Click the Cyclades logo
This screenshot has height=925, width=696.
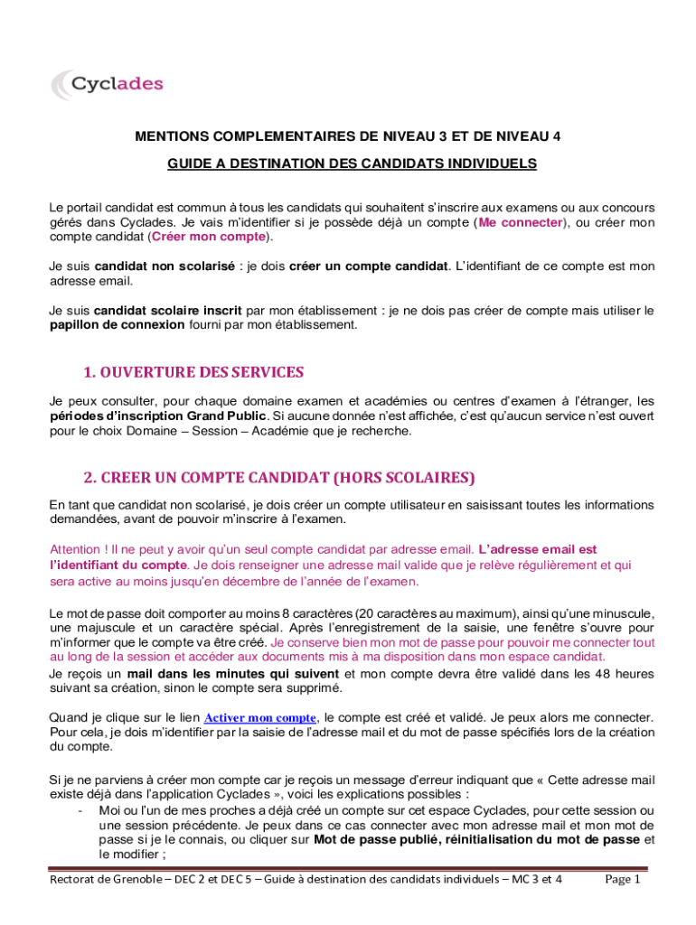[x=107, y=84]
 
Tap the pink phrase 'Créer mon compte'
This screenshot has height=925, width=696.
[x=210, y=237]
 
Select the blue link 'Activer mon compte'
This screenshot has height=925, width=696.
[x=260, y=718]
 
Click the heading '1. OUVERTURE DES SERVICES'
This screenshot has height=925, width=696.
[x=193, y=372]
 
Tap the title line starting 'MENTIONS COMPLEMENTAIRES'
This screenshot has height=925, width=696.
[x=348, y=136]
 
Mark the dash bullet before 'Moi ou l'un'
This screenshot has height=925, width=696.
[x=82, y=810]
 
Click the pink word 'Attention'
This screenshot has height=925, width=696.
[x=77, y=549]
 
